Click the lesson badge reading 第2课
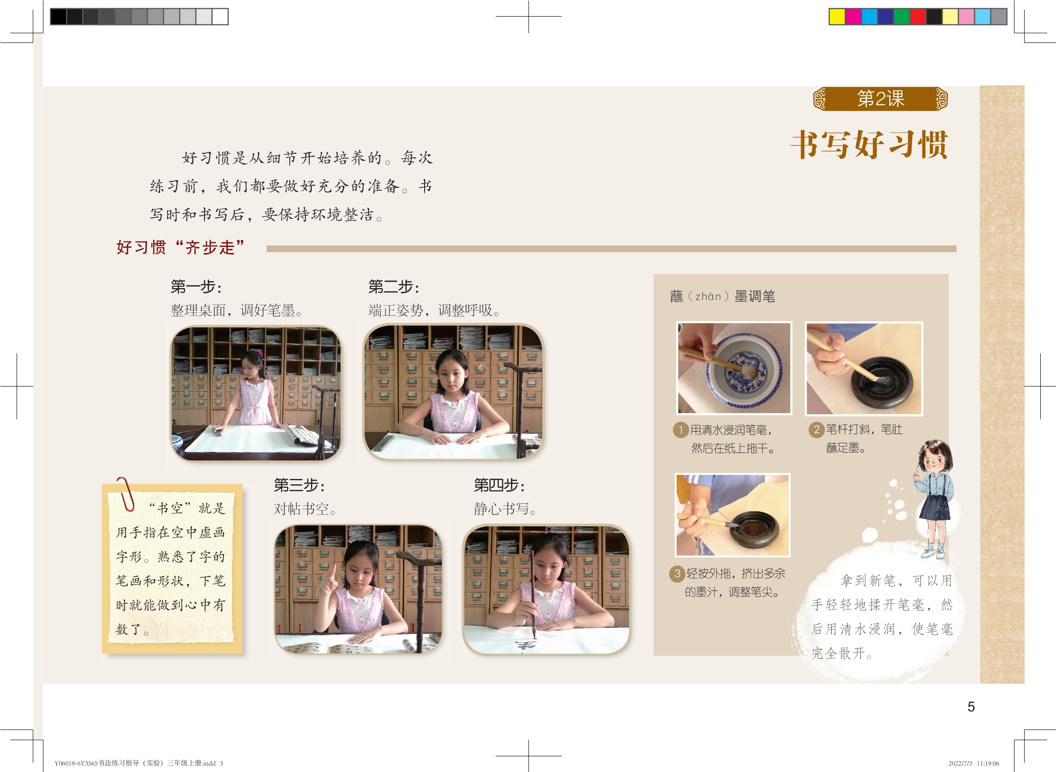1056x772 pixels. tap(881, 99)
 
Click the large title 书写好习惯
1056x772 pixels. tap(869, 145)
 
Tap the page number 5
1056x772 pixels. tap(971, 706)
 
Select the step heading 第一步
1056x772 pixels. tap(196, 286)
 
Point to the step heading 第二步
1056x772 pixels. tap(394, 286)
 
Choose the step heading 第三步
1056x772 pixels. tap(300, 485)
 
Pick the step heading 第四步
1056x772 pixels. tap(499, 485)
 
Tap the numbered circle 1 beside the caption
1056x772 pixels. tap(680, 430)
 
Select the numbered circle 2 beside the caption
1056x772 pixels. tap(816, 429)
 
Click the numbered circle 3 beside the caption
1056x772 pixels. tap(677, 573)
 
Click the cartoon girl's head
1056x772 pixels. tap(935, 456)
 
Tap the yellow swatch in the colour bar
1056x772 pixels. tap(837, 17)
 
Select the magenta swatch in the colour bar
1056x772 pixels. tap(853, 17)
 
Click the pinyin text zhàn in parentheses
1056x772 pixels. tap(708, 296)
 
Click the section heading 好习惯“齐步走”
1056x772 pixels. tap(180, 247)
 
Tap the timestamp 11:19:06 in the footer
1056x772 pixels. tap(987, 763)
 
